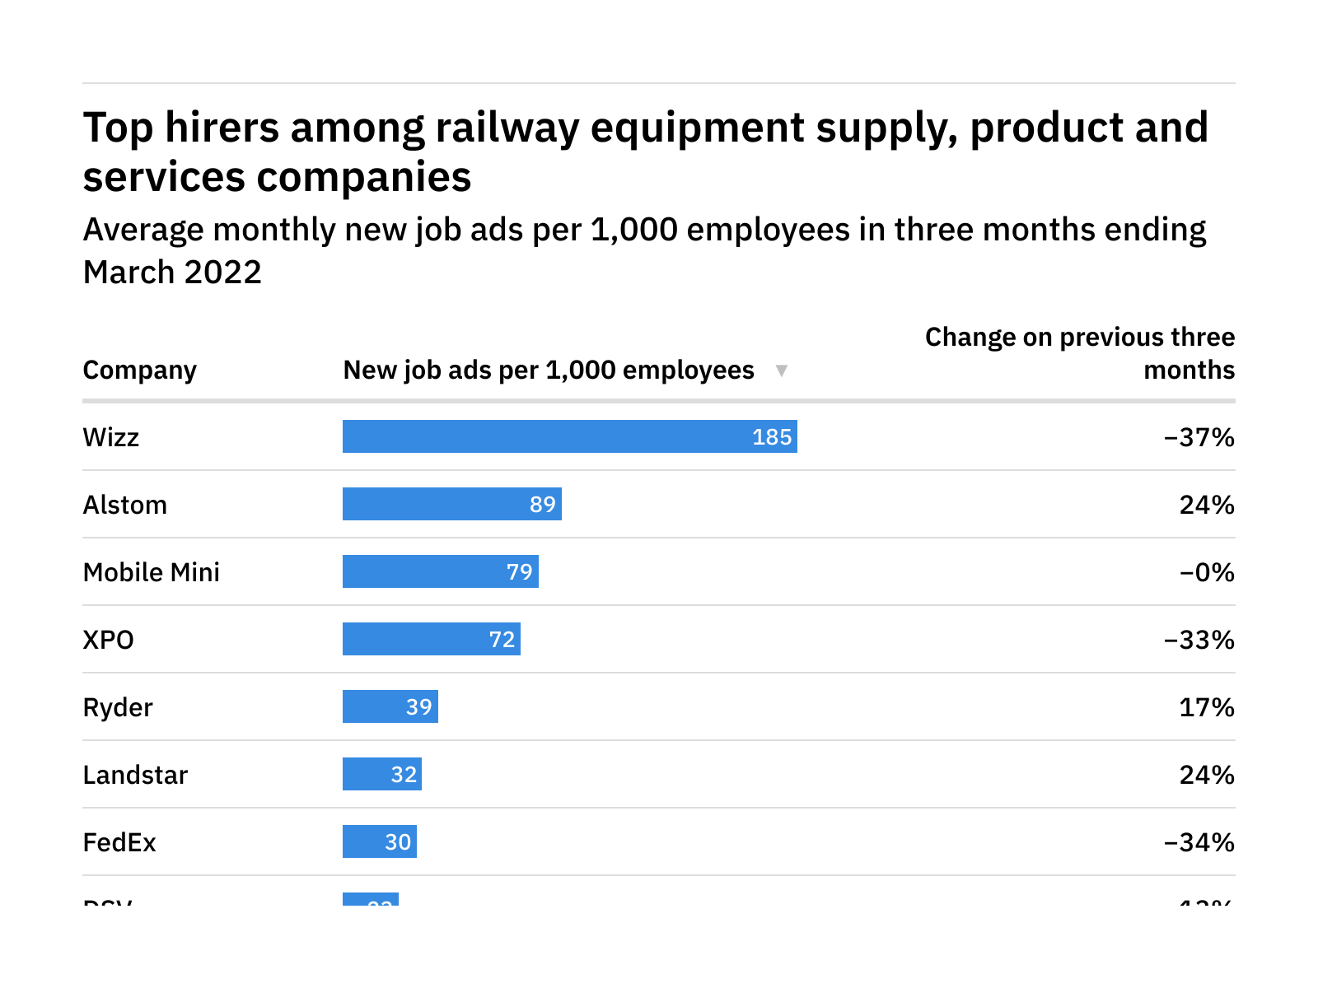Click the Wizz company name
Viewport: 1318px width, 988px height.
coord(111,437)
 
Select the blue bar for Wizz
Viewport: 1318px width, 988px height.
coord(569,436)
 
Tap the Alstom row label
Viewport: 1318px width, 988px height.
coord(125,505)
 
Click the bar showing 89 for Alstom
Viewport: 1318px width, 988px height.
coord(451,504)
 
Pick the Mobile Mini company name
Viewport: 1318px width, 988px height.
coord(152,572)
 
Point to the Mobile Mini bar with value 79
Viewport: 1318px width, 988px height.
coord(440,571)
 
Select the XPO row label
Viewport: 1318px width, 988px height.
coord(109,640)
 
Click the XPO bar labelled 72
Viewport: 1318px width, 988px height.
coord(431,639)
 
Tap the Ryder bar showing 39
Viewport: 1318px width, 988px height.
coord(390,706)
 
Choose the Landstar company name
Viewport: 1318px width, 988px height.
coord(136,775)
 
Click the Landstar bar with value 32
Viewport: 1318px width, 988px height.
coord(381,774)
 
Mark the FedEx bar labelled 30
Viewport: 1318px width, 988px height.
coord(379,841)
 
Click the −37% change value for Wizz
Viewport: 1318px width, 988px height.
coord(1199,437)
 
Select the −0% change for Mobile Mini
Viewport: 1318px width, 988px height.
coord(1207,572)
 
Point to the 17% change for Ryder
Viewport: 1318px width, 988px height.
coord(1207,707)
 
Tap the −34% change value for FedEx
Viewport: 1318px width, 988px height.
coord(1199,842)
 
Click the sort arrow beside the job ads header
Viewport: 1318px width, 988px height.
coord(782,370)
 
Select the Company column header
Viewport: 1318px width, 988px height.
coord(140,370)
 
